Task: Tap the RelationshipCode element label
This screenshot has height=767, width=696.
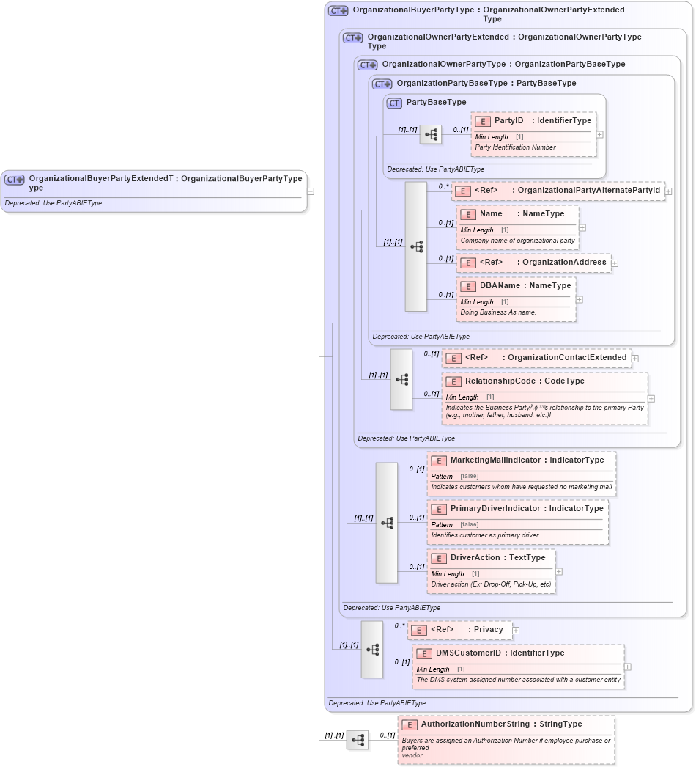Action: [x=524, y=381]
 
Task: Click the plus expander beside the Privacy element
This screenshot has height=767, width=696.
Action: [x=516, y=630]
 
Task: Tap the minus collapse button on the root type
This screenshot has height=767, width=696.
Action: [x=311, y=191]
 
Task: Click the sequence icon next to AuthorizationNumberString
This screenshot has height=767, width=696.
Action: [x=358, y=740]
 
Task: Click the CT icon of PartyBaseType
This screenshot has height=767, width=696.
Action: [x=395, y=103]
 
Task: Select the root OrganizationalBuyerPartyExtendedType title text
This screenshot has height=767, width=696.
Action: [x=165, y=179]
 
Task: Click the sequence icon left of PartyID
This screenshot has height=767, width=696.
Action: [x=431, y=134]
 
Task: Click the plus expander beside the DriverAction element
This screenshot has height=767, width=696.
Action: [x=559, y=571]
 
